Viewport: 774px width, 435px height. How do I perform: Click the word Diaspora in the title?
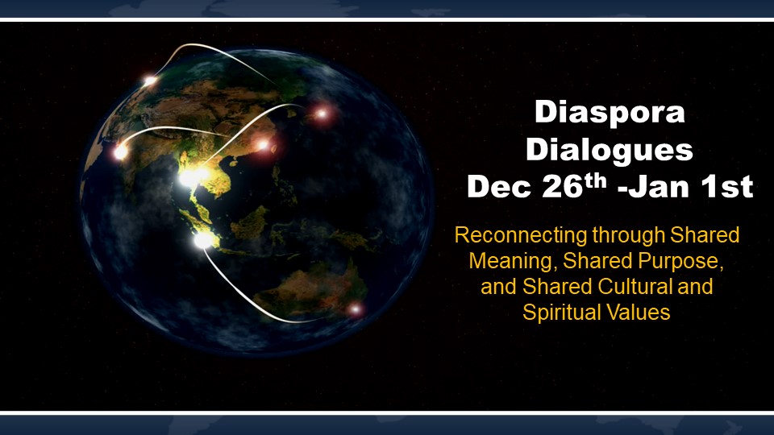(610, 113)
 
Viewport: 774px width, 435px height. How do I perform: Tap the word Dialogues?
(610, 149)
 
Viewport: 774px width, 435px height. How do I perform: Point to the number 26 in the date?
(563, 186)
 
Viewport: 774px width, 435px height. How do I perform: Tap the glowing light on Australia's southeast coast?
(355, 309)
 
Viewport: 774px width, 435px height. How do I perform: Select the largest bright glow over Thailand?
(193, 176)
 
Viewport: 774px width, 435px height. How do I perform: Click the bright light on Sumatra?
(203, 240)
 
